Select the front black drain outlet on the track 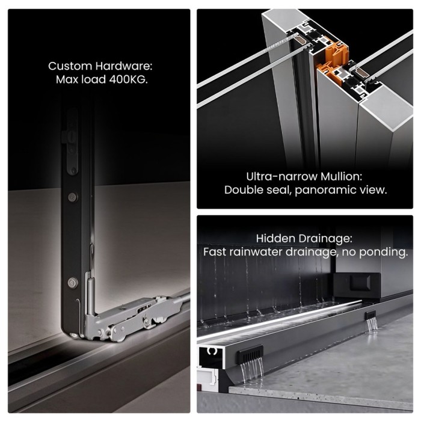250,354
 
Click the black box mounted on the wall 357,286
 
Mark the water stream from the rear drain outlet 372,326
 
